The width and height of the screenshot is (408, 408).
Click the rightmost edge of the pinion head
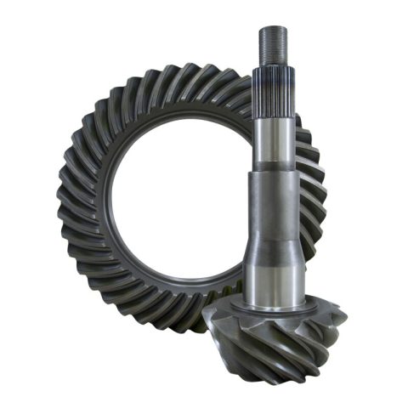click(x=344, y=319)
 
